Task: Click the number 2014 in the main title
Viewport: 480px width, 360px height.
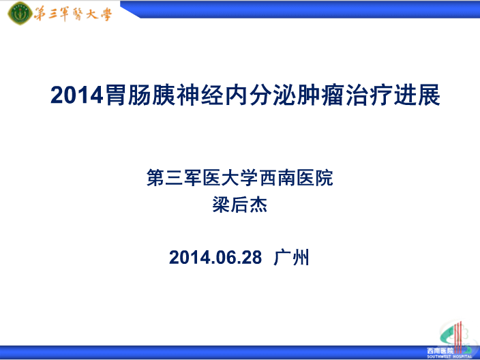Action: pyautogui.click(x=76, y=95)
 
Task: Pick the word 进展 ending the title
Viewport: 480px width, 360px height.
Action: pyautogui.click(x=417, y=95)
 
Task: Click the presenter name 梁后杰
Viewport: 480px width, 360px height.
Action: pyautogui.click(x=240, y=205)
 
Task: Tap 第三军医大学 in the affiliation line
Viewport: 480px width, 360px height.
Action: pyautogui.click(x=202, y=177)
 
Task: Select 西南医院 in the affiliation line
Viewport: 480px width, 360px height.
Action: pyautogui.click(x=296, y=177)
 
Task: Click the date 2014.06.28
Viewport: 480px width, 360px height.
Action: pyautogui.click(x=215, y=258)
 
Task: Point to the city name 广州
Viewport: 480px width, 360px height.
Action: pyautogui.click(x=291, y=257)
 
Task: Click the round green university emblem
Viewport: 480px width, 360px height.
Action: pyautogui.click(x=20, y=13)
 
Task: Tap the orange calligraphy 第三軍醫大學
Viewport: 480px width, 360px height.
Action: pyautogui.click(x=72, y=14)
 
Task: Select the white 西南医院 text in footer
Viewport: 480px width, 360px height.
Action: pyautogui.click(x=440, y=351)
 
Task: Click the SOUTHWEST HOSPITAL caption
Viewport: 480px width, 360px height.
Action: pyautogui.click(x=449, y=357)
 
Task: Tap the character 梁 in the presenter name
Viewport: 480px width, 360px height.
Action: pyautogui.click(x=221, y=205)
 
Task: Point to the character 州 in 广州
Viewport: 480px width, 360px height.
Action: pyautogui.click(x=301, y=257)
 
